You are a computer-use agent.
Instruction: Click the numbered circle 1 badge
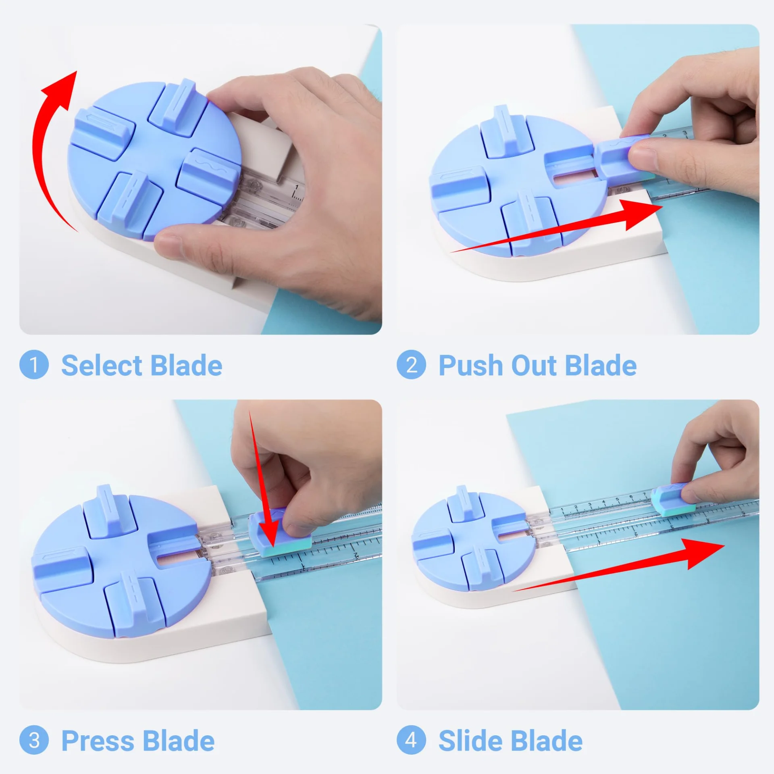[x=34, y=365]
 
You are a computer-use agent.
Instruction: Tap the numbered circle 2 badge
[x=411, y=365]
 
